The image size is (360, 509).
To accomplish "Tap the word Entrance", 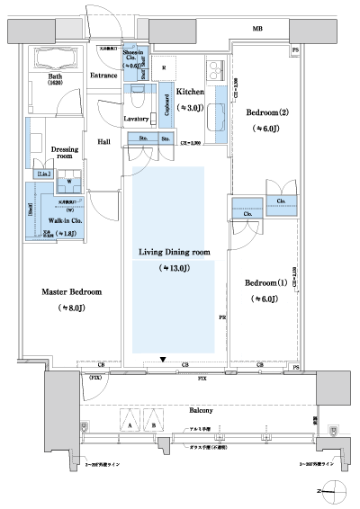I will click(x=104, y=76).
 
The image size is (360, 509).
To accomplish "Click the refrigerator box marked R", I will click(x=163, y=68).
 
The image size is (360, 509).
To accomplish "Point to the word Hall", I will click(x=104, y=142).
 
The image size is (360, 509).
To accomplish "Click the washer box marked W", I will click(x=69, y=179).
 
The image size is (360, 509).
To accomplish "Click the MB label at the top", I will click(x=257, y=30).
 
